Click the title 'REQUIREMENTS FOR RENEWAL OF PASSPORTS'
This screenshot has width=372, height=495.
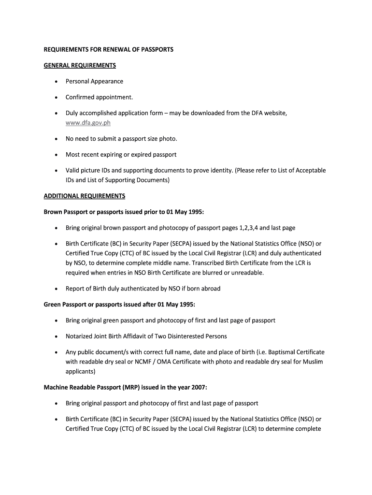108,49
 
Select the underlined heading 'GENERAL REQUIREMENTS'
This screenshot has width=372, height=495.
80,65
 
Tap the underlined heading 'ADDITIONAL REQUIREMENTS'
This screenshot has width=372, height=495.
85,196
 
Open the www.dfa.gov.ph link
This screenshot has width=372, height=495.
88,123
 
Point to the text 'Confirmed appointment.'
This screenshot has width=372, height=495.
99,97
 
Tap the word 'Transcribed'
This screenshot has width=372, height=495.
229,263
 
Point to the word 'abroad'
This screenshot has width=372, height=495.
211,289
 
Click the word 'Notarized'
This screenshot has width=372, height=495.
80,336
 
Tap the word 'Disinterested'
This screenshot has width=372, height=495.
186,336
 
